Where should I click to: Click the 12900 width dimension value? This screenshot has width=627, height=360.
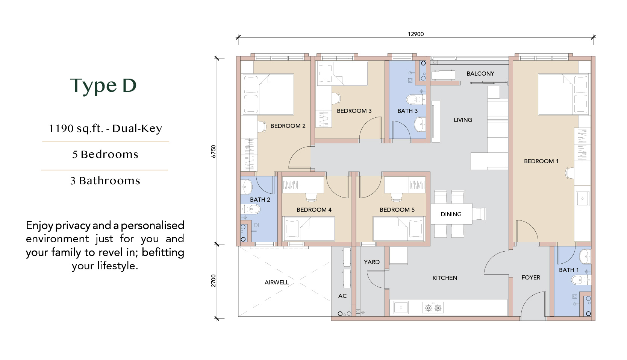pyautogui.click(x=416, y=34)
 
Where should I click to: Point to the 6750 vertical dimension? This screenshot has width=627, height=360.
pyautogui.click(x=214, y=151)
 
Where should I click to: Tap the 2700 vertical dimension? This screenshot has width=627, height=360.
pyautogui.click(x=214, y=281)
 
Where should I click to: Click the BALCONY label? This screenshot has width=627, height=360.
pyautogui.click(x=480, y=74)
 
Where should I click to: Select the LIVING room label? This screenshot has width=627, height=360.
pyautogui.click(x=463, y=120)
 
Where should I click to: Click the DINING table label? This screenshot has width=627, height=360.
pyautogui.click(x=451, y=214)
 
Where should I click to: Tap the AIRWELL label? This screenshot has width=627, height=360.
pyautogui.click(x=277, y=283)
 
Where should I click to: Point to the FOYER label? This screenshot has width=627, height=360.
pyautogui.click(x=531, y=277)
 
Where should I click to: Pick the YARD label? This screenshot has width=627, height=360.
pyautogui.click(x=372, y=262)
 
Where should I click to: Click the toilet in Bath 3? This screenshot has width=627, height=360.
pyautogui.click(x=416, y=99)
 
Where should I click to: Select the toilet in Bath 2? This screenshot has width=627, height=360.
pyautogui.click(x=250, y=209)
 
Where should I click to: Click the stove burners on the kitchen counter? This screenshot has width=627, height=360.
pyautogui.click(x=433, y=308)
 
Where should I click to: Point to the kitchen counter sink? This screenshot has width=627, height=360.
pyautogui.click(x=401, y=308)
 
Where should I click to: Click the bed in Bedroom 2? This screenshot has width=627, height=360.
pyautogui.click(x=268, y=94)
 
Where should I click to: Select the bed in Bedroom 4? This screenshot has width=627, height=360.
pyautogui.click(x=309, y=229)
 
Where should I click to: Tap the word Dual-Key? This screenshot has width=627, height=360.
pyautogui.click(x=137, y=129)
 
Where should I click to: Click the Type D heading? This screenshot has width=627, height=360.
pyautogui.click(x=103, y=85)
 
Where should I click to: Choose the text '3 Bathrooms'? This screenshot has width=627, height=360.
pyautogui.click(x=105, y=181)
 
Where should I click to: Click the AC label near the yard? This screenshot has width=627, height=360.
pyautogui.click(x=342, y=296)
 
